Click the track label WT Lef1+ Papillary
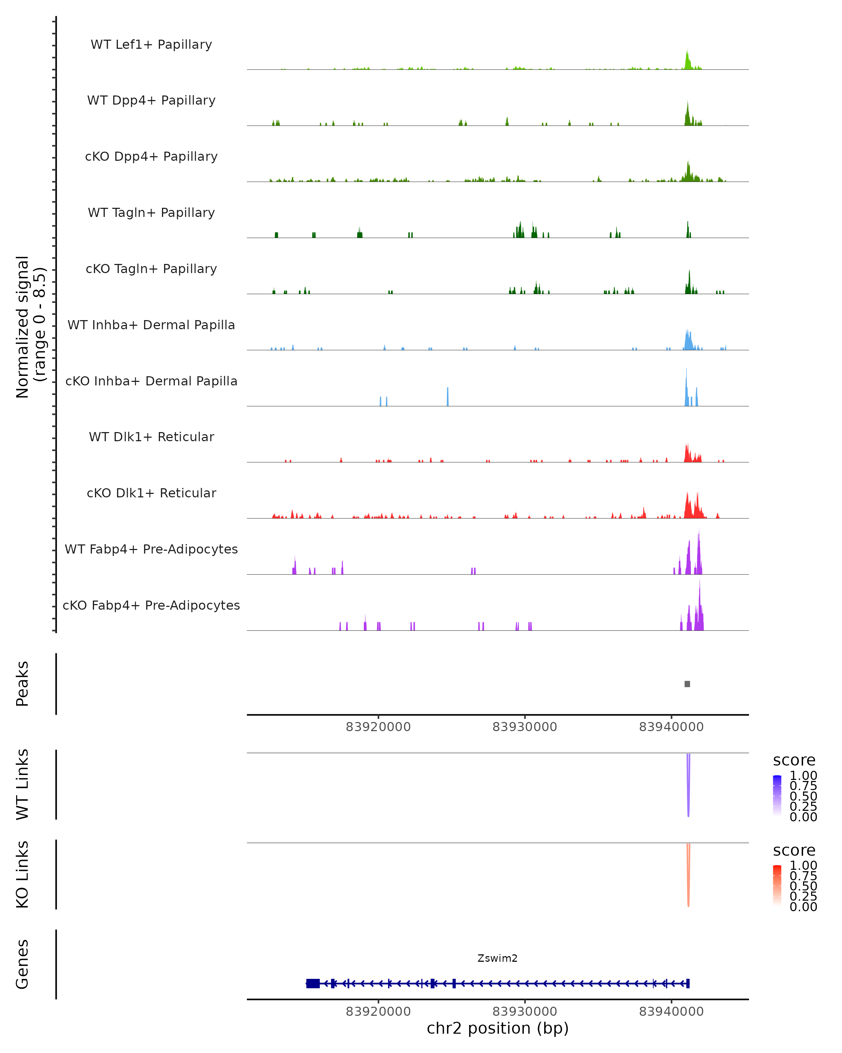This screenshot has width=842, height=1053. point(151,45)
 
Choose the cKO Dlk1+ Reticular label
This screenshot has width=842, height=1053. point(151,493)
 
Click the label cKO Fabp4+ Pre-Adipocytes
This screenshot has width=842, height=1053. point(151,605)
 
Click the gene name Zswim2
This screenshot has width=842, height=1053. point(497,958)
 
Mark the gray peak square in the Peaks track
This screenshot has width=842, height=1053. point(687,684)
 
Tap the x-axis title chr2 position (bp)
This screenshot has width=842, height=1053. point(497,1028)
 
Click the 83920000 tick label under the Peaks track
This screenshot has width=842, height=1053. point(378,727)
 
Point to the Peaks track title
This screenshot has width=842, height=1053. point(22,684)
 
